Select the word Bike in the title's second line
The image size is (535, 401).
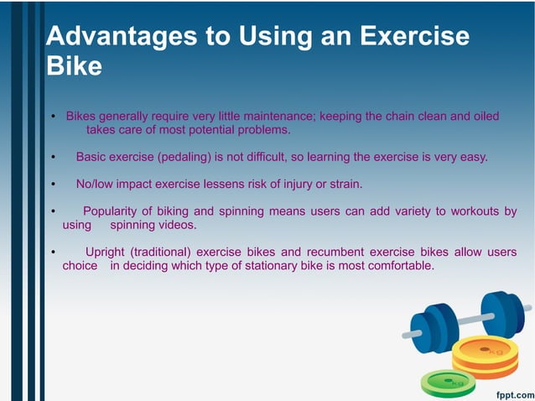coord(73,65)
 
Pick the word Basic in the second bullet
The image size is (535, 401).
coord(92,157)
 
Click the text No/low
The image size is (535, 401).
coord(97,184)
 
